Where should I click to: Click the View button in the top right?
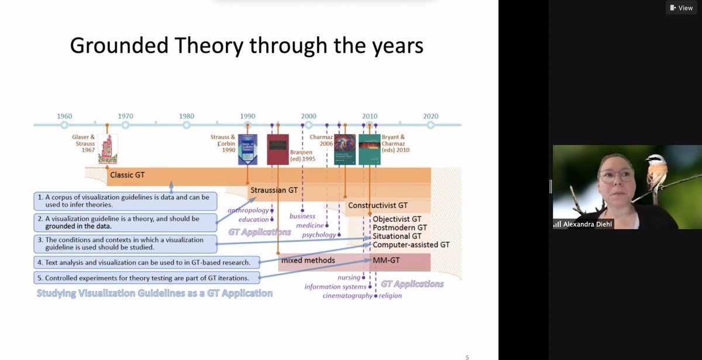(x=682, y=8)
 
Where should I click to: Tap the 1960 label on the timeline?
(x=64, y=116)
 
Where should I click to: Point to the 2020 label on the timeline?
(x=431, y=116)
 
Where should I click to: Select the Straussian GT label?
(x=274, y=190)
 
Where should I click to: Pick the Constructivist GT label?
(x=378, y=205)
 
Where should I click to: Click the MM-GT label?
(x=386, y=259)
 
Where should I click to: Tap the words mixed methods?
(x=308, y=259)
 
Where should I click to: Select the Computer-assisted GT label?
(x=411, y=244)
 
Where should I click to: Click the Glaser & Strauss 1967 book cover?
(x=108, y=149)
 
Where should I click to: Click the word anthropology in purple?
(x=249, y=210)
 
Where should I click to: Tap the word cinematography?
(x=347, y=296)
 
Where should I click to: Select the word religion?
(x=390, y=296)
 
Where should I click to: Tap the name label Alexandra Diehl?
(x=583, y=224)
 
